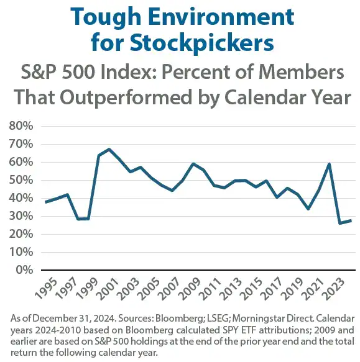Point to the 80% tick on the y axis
click(23, 126)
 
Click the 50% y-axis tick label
click(23, 180)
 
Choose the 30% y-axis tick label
click(23, 216)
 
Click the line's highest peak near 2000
click(109, 149)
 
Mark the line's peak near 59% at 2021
click(329, 164)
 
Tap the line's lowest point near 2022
click(339, 223)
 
